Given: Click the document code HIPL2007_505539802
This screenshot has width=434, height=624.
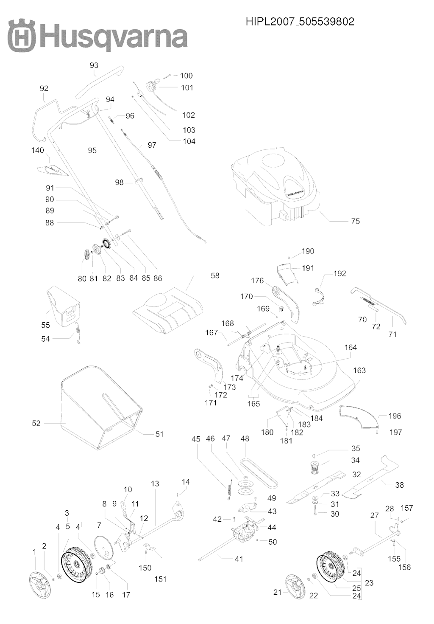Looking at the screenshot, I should point(300,22).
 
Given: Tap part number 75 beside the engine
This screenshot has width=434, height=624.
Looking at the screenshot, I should point(355,221).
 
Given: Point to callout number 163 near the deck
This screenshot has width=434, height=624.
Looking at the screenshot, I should point(359,371).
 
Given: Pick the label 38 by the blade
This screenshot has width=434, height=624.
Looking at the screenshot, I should point(399,485).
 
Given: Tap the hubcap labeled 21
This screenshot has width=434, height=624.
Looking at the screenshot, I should point(296,587).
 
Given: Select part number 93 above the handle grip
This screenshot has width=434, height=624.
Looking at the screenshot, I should point(94,65).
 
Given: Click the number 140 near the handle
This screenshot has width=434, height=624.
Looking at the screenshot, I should point(38,150).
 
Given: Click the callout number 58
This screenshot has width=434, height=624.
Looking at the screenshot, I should point(215,275).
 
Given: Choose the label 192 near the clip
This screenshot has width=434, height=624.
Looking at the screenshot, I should point(339,274).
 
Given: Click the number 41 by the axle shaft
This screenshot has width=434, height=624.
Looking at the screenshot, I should point(239,559).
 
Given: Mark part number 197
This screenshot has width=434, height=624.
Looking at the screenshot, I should point(395,432).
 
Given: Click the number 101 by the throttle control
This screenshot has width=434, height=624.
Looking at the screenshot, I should point(187,88).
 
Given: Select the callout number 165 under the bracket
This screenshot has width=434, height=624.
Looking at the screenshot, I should point(253,404).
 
